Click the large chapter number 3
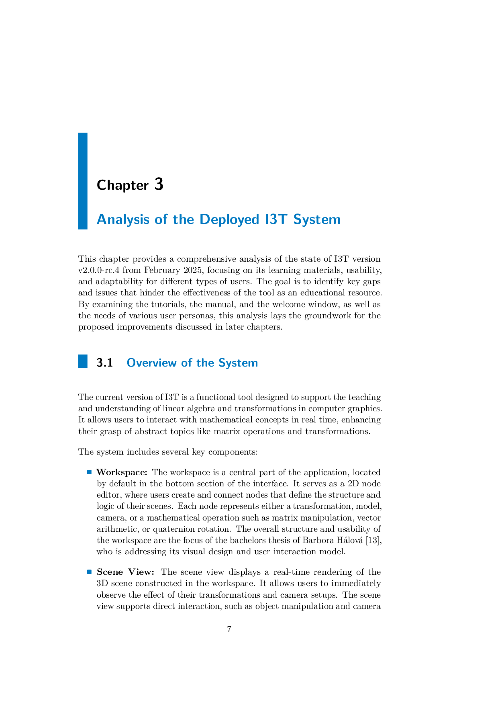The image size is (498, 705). tap(159, 184)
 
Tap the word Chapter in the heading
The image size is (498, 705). tap(122, 185)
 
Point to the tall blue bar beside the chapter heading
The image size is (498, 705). tap(83, 181)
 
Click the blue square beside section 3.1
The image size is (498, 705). tap(83, 361)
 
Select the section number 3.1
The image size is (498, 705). tap(105, 363)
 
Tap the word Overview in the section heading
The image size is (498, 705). tap(151, 363)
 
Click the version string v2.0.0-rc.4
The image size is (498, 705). tap(99, 270)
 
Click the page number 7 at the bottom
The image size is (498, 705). tap(229, 629)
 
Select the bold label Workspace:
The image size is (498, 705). tap(122, 472)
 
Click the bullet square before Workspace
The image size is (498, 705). tap(90, 472)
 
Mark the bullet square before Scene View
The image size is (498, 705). tap(90, 572)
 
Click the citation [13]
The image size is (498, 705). tap(374, 540)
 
